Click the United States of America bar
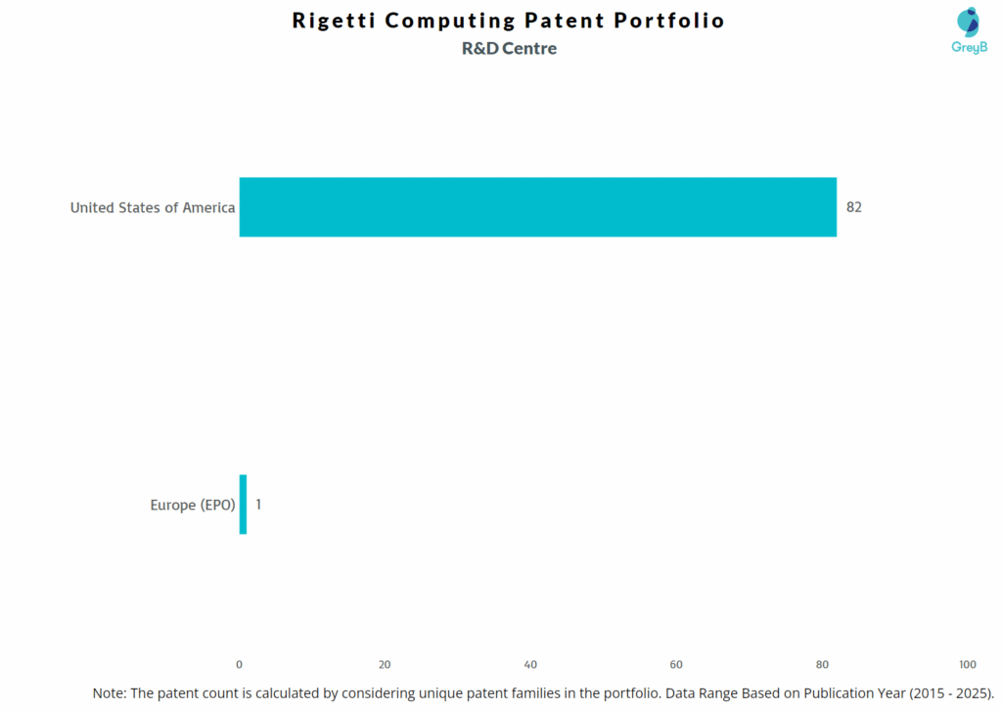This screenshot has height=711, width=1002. point(537,207)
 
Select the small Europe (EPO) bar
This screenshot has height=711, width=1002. point(243,505)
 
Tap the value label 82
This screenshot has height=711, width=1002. point(854,207)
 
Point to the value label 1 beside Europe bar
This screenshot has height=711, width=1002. point(258,505)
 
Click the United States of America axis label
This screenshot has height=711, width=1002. point(153,207)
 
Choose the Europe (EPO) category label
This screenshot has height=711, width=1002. point(193,506)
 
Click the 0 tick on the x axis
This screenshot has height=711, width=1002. point(240,664)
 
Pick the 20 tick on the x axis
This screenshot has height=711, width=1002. point(385,664)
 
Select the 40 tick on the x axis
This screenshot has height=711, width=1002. point(530,664)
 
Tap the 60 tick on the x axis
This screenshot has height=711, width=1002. point(676,664)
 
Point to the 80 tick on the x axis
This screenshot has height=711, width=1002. point(822,664)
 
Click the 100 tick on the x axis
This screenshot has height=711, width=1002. point(968,664)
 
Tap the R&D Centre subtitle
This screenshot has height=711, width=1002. point(509,49)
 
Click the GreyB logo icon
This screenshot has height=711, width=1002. point(968,22)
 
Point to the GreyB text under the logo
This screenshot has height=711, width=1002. point(969,47)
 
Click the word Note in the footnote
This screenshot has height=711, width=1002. point(109,692)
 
